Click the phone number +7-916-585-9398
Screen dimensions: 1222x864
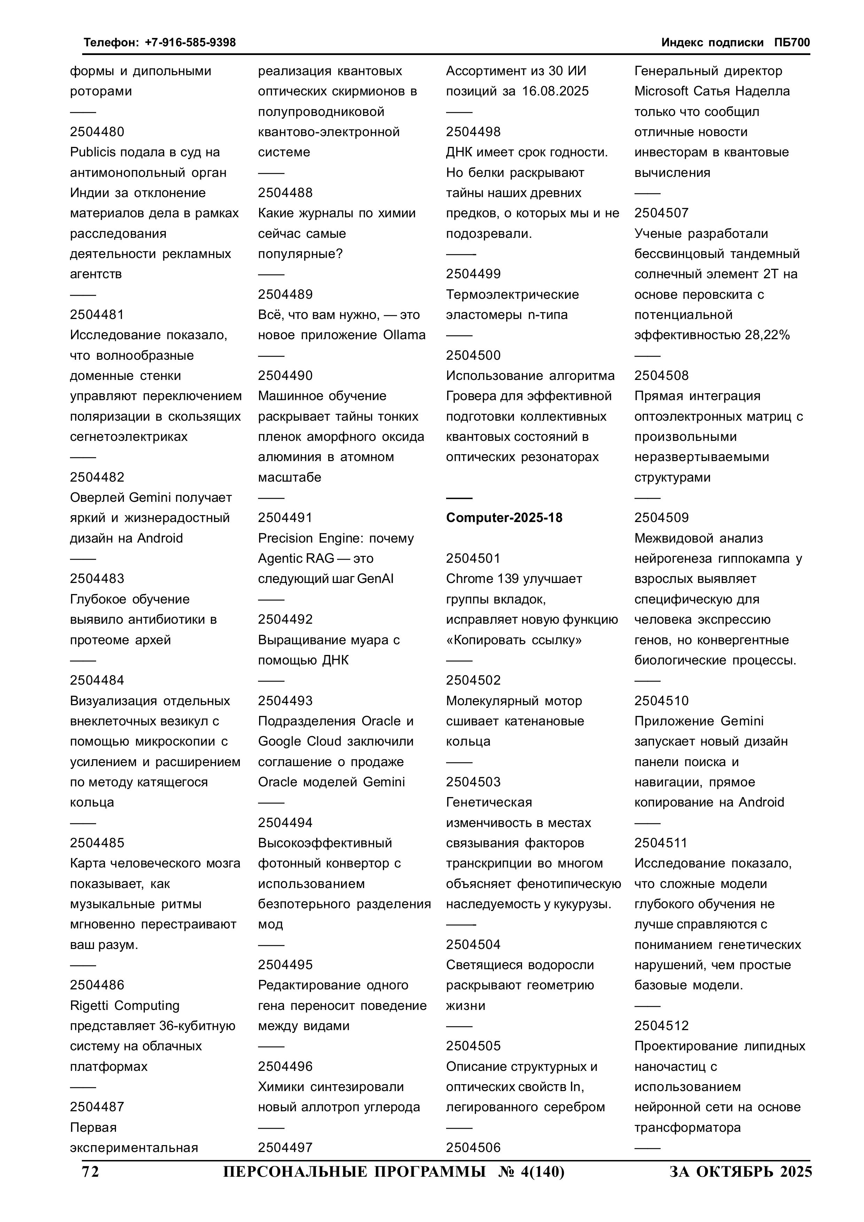(190, 42)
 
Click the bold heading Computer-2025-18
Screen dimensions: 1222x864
(504, 517)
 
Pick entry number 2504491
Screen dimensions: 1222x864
(285, 517)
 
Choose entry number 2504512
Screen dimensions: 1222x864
(661, 1026)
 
